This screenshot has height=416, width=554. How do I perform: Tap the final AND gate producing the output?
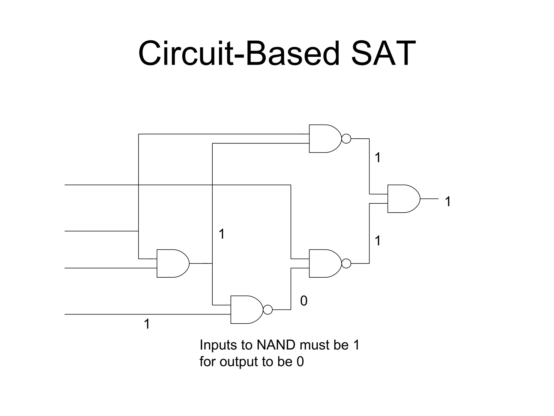[x=403, y=199]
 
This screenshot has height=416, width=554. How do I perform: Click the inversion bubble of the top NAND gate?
[x=346, y=139]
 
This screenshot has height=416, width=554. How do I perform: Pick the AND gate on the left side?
[x=172, y=263]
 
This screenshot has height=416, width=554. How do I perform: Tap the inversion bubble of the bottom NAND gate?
[x=268, y=310]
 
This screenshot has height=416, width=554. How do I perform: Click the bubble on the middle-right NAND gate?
[x=346, y=263]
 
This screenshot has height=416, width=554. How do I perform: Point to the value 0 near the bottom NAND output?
[x=304, y=301]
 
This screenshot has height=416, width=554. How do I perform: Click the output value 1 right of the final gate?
[x=448, y=202]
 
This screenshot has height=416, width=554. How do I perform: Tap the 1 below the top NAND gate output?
[x=378, y=158]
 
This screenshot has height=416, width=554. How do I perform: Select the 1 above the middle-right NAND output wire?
[x=378, y=241]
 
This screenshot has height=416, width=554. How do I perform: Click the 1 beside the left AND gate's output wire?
[x=222, y=234]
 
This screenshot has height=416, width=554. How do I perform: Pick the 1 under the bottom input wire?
[x=147, y=324]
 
